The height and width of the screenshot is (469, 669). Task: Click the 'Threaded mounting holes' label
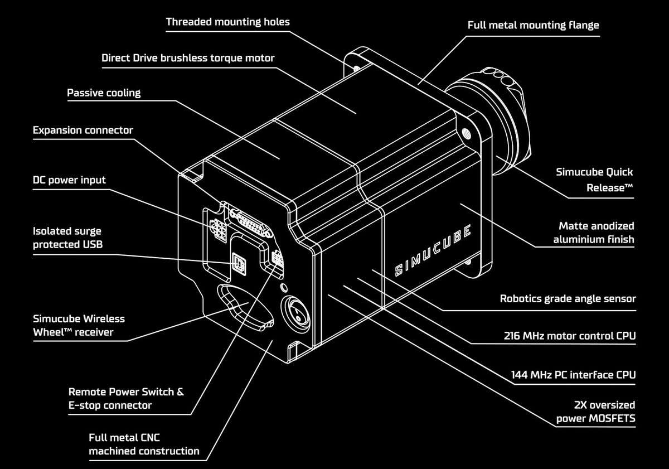[x=227, y=22]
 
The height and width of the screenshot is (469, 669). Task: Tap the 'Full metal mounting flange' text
[x=533, y=25]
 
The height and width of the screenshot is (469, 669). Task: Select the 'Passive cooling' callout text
[x=104, y=93]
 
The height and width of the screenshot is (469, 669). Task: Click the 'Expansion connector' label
[x=83, y=130]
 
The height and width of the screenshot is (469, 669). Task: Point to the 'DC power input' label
[x=69, y=180]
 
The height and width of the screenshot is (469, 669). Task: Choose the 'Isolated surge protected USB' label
[x=67, y=238]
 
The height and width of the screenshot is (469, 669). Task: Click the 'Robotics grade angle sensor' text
[x=568, y=298]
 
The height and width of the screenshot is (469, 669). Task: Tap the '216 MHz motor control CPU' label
[x=569, y=336]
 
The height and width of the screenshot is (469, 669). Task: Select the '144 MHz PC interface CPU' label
[x=573, y=374]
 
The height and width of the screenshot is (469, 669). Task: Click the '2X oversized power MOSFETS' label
[x=595, y=412]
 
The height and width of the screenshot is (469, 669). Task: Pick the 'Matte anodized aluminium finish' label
[x=594, y=233]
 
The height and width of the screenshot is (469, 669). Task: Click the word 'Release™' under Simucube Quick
[x=609, y=188]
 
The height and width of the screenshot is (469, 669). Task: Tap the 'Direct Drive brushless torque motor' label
[x=188, y=58]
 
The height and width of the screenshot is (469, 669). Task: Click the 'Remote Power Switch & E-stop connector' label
[x=126, y=399]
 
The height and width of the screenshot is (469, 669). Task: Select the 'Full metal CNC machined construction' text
[x=144, y=444]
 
